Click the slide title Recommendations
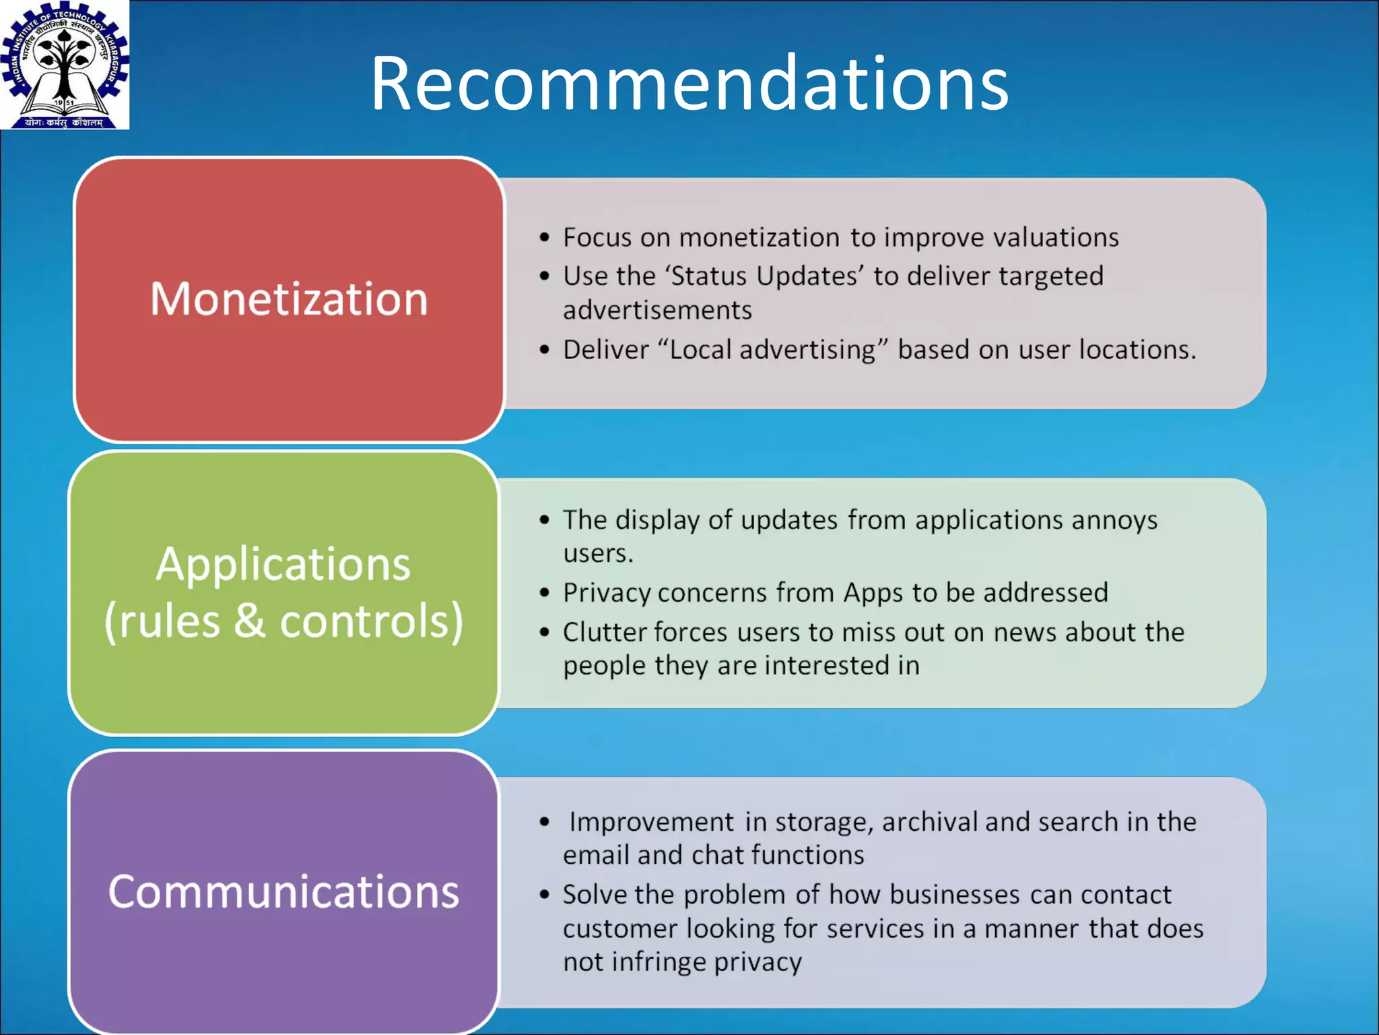(689, 84)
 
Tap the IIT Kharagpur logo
(65, 65)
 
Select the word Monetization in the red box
(289, 299)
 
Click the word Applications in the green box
(283, 564)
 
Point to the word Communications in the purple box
(283, 891)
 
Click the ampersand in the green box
(249, 621)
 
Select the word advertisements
(657, 311)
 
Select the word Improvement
(651, 822)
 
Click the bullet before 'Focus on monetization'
(545, 238)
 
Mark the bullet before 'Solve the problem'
(545, 896)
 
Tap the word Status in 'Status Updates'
(709, 276)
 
